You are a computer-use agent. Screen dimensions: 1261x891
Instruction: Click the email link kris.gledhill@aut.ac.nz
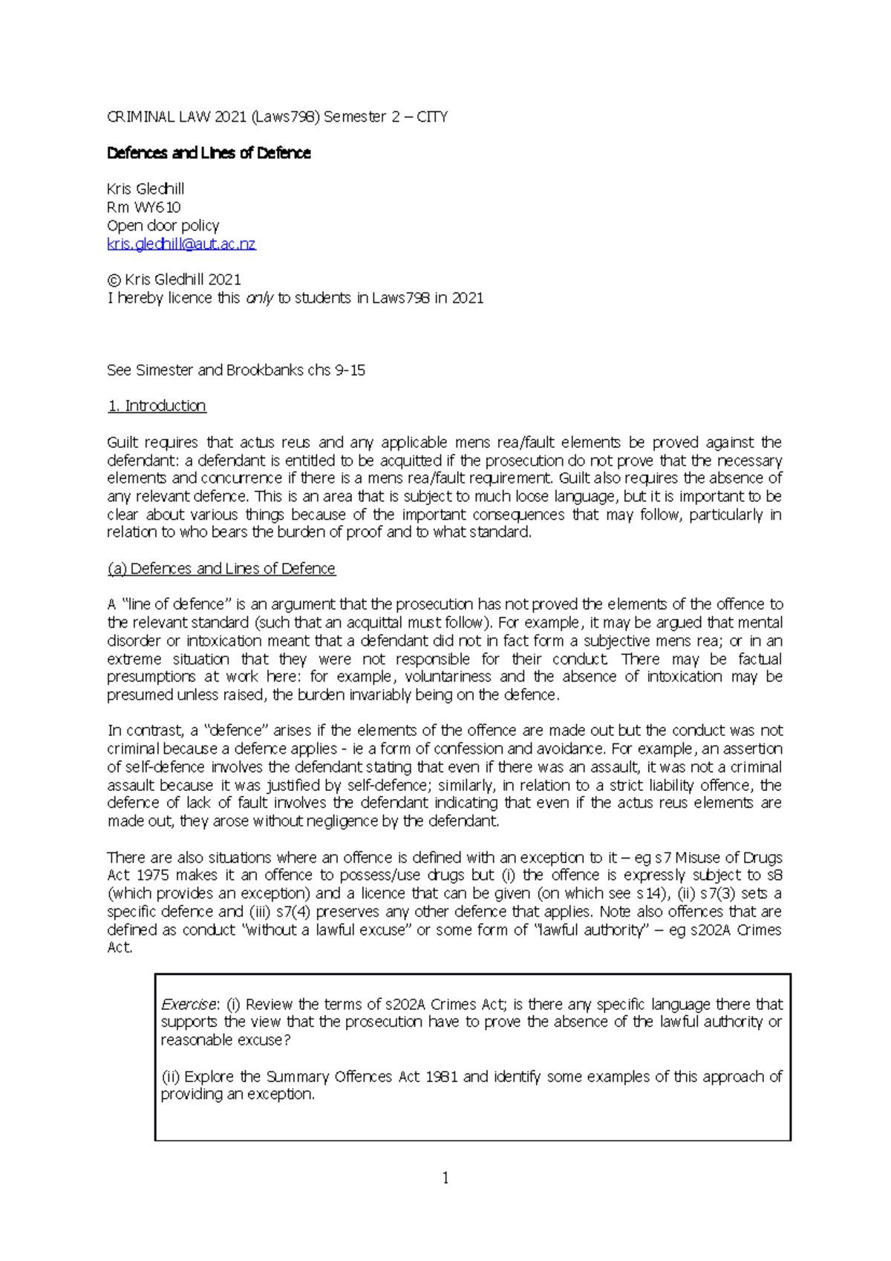click(181, 244)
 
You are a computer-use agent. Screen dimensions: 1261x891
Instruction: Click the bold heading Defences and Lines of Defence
click(209, 153)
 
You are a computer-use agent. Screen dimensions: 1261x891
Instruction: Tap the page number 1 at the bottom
click(446, 1178)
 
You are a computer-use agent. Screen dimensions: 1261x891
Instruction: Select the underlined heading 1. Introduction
click(157, 405)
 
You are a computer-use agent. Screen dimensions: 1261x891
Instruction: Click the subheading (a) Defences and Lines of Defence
click(221, 568)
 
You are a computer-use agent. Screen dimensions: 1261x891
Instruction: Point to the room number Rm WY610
click(144, 207)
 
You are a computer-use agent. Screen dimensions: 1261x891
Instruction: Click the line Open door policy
click(163, 225)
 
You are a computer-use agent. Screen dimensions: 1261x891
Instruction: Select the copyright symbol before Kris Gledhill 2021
click(114, 280)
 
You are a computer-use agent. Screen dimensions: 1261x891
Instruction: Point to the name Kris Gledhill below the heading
click(146, 189)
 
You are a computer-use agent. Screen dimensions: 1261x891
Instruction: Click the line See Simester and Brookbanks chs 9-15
click(236, 370)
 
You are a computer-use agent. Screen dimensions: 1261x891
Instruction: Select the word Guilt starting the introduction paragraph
click(123, 443)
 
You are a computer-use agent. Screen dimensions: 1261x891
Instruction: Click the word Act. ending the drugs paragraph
click(120, 948)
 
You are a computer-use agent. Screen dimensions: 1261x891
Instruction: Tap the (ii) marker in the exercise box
click(170, 1076)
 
